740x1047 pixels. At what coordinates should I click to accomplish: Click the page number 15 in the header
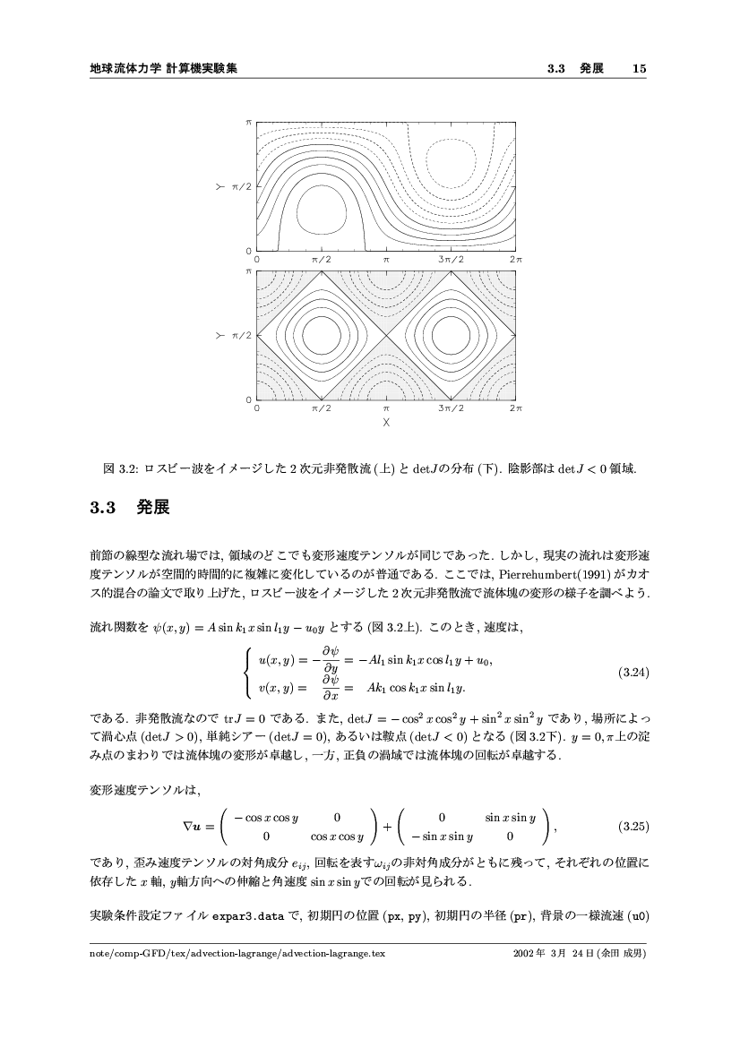tap(639, 68)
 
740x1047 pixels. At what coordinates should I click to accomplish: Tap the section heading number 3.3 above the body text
tap(104, 509)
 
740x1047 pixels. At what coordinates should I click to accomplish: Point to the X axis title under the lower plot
tap(386, 420)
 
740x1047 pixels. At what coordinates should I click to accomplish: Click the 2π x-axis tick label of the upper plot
tap(515, 259)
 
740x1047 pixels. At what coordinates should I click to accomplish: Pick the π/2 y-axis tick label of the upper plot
tap(243, 186)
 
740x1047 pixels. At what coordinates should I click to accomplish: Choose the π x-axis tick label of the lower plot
tap(386, 408)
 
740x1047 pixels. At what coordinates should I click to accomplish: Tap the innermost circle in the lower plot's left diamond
tap(322, 335)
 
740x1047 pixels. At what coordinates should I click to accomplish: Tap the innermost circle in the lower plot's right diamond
tap(451, 335)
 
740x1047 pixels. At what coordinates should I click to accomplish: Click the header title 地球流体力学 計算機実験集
tap(163, 68)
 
